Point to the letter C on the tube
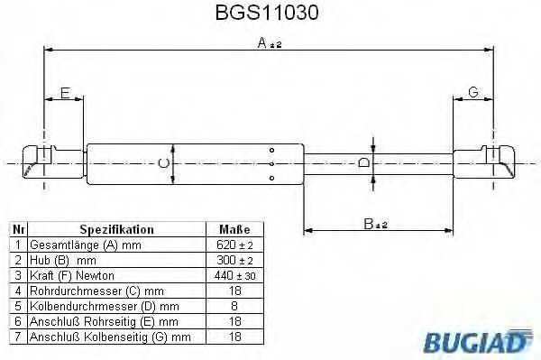click(x=162, y=163)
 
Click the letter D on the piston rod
click(x=363, y=163)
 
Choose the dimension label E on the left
click(x=65, y=91)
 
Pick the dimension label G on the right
click(x=472, y=91)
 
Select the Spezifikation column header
click(x=117, y=230)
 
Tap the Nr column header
click(x=17, y=230)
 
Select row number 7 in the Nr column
click(x=17, y=337)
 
